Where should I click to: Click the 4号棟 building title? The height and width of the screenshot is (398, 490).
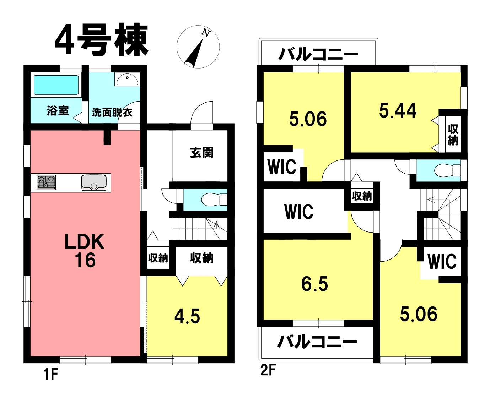pyautogui.click(x=102, y=40)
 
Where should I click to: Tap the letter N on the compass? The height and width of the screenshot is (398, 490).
pyautogui.click(x=206, y=33)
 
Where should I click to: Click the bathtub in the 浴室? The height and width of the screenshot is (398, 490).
pyautogui.click(x=56, y=85)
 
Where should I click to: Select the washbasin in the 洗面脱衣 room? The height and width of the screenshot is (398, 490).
pyautogui.click(x=127, y=80)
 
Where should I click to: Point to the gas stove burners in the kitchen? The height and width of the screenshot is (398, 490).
pyautogui.click(x=46, y=182)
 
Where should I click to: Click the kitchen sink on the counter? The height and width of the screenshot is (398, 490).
pyautogui.click(x=94, y=183)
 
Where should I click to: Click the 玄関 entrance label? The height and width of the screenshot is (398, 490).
pyautogui.click(x=202, y=153)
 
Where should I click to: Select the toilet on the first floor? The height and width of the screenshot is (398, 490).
pyautogui.click(x=214, y=199)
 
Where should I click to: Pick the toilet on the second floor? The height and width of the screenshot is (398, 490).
pyautogui.click(x=447, y=171)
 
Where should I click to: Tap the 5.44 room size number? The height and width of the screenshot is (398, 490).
pyautogui.click(x=398, y=110)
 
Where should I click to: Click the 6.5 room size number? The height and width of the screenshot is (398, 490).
pyautogui.click(x=314, y=284)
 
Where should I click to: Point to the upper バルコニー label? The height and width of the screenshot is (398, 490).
pyautogui.click(x=318, y=55)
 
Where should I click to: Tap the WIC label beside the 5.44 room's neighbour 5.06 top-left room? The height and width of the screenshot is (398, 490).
pyautogui.click(x=282, y=167)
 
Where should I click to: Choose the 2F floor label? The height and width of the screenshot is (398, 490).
pyautogui.click(x=268, y=370)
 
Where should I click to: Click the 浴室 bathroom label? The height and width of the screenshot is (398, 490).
pyautogui.click(x=58, y=111)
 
